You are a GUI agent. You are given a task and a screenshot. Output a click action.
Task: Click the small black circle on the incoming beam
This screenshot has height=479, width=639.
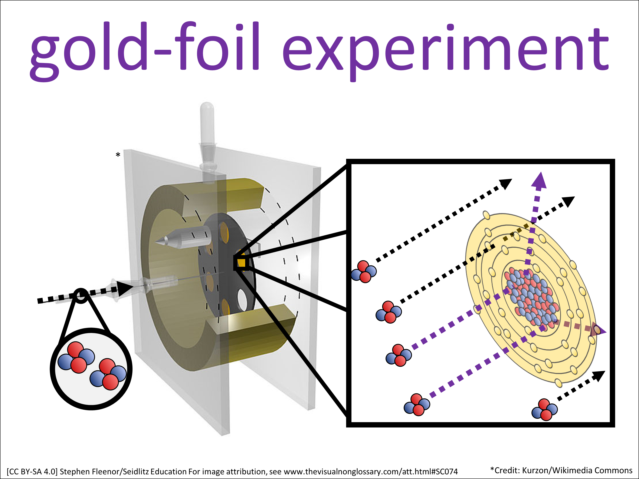click(x=81, y=296)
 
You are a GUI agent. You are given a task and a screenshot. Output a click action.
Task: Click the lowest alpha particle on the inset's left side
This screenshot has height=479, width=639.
click(x=417, y=404)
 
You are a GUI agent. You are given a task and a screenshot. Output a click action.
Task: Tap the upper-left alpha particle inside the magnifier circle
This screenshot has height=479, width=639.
click(x=76, y=357)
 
